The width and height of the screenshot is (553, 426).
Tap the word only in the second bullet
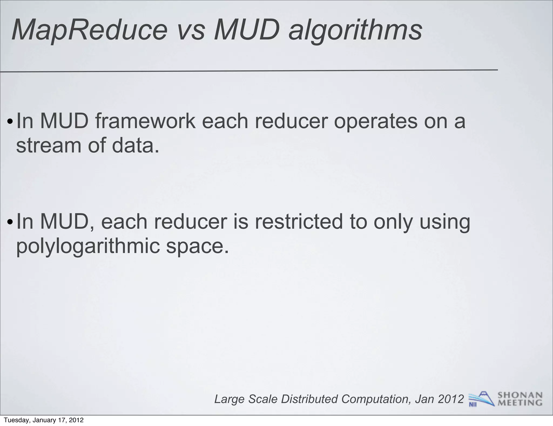click(x=393, y=222)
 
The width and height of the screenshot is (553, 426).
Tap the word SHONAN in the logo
click(x=520, y=395)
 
